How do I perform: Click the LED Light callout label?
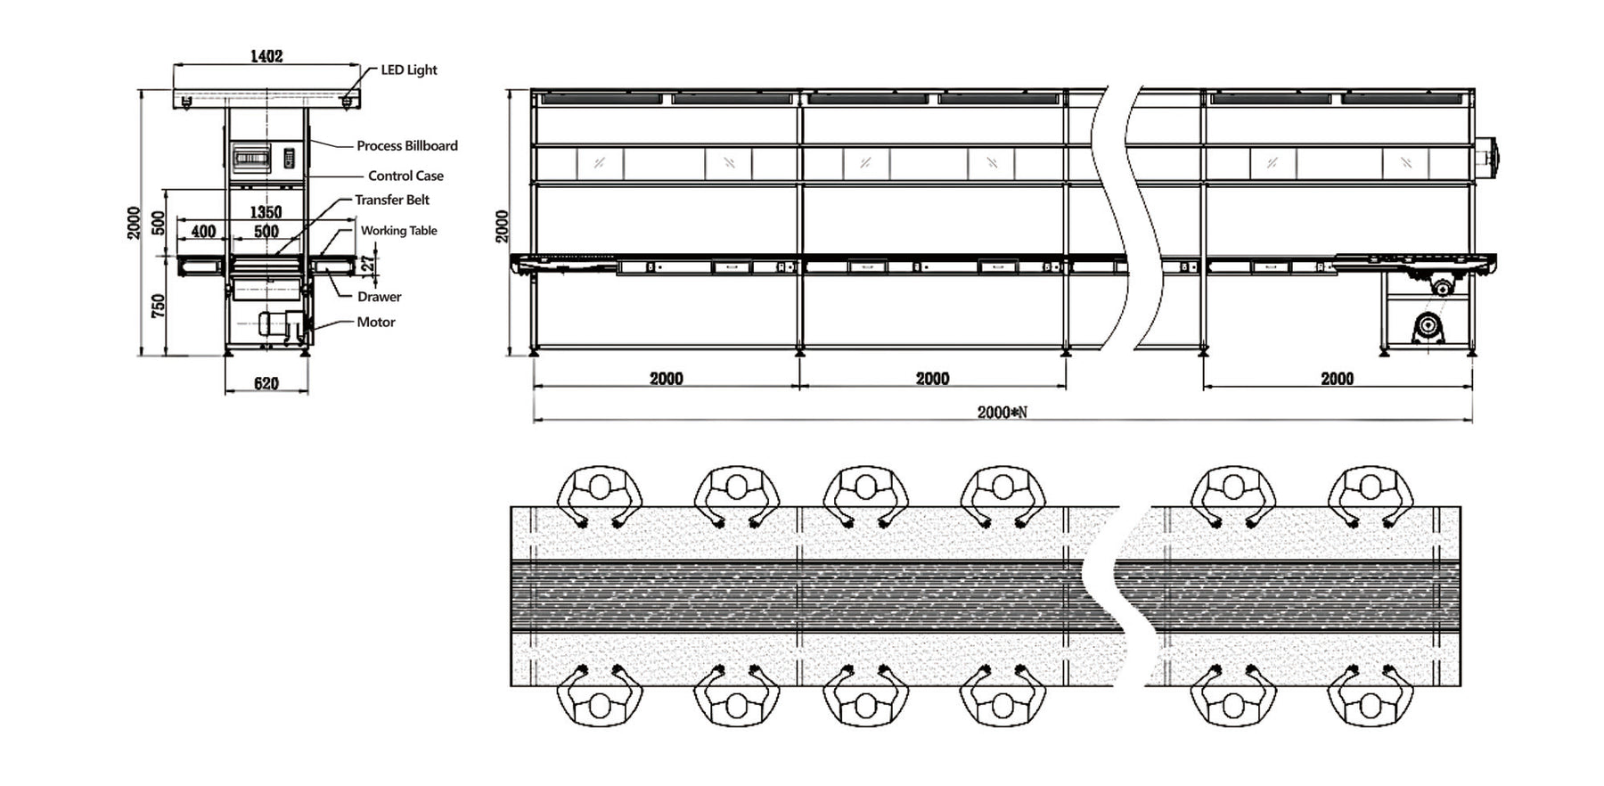point(409,70)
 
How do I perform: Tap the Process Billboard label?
point(407,145)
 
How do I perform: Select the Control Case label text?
point(405,176)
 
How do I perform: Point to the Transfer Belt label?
point(392,200)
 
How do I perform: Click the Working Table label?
point(398,230)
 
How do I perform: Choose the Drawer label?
point(380,297)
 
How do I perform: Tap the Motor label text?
point(376,322)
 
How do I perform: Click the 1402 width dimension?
point(266,56)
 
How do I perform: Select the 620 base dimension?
point(266,383)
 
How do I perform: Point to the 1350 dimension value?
point(266,212)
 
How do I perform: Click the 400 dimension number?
point(203,232)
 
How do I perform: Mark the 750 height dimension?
point(159,307)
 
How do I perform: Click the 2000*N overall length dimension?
point(1002,412)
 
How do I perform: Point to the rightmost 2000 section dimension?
point(1337,379)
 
